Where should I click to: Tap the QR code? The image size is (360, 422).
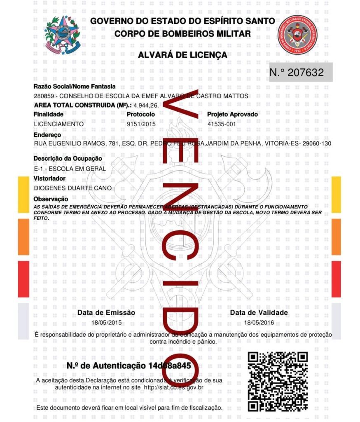click(278, 381)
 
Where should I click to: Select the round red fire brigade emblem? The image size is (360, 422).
click(296, 35)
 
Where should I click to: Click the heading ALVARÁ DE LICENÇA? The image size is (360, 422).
click(182, 55)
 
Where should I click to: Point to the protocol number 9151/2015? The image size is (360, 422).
click(141, 124)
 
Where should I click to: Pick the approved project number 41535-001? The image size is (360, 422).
click(222, 124)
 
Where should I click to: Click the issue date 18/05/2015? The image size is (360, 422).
click(107, 323)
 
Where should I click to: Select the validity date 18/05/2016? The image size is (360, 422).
click(259, 323)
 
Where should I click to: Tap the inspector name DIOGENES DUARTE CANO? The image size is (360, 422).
click(73, 188)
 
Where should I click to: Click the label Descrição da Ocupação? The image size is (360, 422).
click(68, 158)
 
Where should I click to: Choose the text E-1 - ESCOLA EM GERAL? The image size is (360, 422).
click(70, 169)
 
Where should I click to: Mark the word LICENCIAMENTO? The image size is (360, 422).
click(59, 124)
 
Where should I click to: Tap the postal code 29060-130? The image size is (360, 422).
click(317, 143)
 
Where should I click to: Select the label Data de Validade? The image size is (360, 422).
click(259, 313)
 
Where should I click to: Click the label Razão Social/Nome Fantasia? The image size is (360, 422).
click(75, 87)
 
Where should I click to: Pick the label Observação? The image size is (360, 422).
click(51, 199)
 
